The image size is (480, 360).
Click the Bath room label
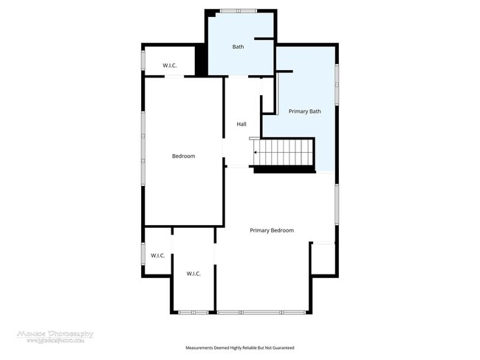pos(238,47)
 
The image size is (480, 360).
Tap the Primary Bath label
pos(304,111)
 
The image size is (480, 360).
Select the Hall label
pos(241,124)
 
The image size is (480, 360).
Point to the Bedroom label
pos(183,156)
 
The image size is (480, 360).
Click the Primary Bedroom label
pos(272,230)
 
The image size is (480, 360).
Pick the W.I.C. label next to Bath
pos(169,65)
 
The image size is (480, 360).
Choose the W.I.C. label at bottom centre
pos(193,273)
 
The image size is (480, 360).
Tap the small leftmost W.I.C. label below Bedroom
pos(157,255)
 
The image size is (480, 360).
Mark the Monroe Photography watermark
pos(56,336)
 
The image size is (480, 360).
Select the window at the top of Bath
pos(239,10)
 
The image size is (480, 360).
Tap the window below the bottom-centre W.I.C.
pos(193,313)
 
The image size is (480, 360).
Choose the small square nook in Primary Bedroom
pos(323,259)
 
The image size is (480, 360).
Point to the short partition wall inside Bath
pos(264,38)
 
